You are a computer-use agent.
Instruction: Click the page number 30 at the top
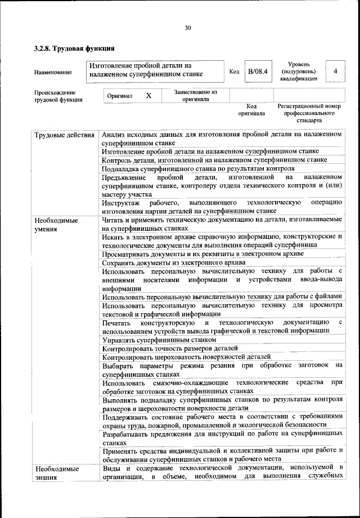coord(188,28)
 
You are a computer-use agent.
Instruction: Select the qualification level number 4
coord(335,72)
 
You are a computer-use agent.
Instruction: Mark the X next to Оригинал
coord(148,96)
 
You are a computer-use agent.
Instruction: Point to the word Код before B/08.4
coord(235,72)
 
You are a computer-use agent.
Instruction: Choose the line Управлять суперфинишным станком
coord(159,341)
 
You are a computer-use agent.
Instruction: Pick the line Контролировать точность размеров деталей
coord(170,349)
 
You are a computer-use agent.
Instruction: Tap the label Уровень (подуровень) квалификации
coord(299,72)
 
